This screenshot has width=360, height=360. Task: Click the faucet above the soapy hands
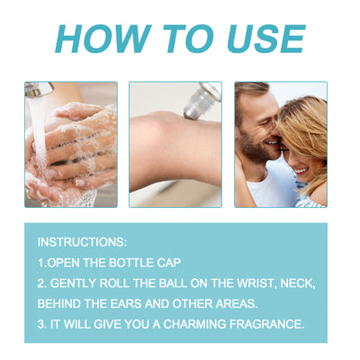(x=39, y=89)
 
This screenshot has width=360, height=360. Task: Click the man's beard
(x=255, y=146)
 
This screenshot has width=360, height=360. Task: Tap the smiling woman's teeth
(x=301, y=171)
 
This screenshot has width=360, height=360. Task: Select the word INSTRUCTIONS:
(x=82, y=242)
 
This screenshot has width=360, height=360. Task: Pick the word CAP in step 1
(x=169, y=263)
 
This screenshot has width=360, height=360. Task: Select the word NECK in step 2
(x=298, y=283)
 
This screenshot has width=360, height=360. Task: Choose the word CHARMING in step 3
(x=194, y=324)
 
